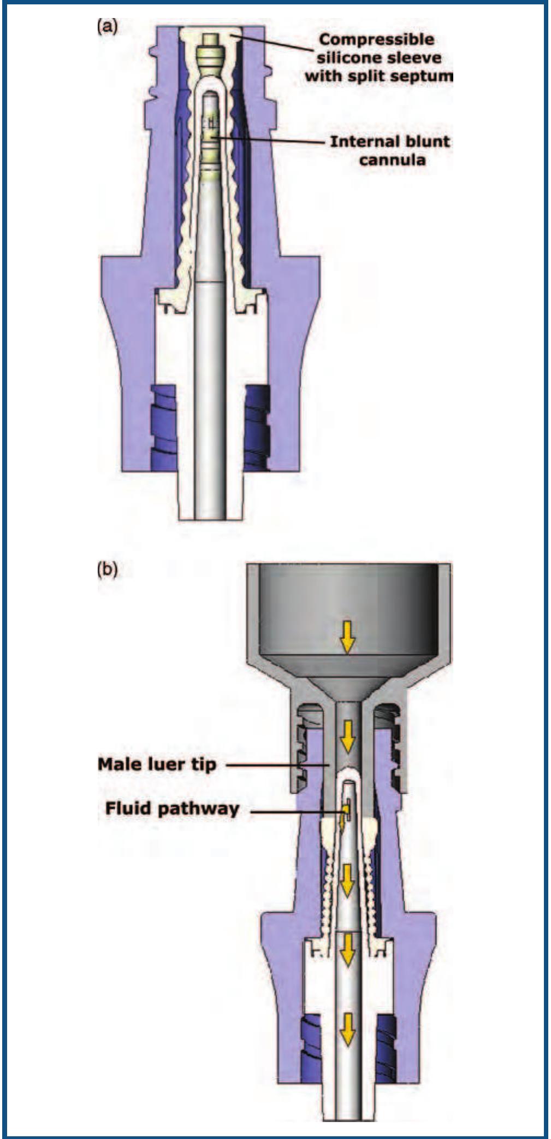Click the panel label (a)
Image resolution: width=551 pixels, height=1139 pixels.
[107, 27]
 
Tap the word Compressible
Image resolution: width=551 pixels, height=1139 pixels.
[376, 40]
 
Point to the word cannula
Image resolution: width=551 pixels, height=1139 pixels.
[392, 160]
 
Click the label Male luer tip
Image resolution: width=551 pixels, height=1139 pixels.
[157, 764]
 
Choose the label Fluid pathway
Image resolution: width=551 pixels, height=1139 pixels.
[172, 808]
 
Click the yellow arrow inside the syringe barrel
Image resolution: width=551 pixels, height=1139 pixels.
[347, 637]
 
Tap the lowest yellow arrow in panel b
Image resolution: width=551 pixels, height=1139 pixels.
[346, 1031]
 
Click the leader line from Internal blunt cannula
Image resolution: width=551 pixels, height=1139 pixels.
[273, 140]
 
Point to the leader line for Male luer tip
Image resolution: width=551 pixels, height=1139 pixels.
[276, 765]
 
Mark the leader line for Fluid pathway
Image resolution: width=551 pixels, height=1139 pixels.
[295, 812]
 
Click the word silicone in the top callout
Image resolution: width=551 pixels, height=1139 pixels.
[347, 58]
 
